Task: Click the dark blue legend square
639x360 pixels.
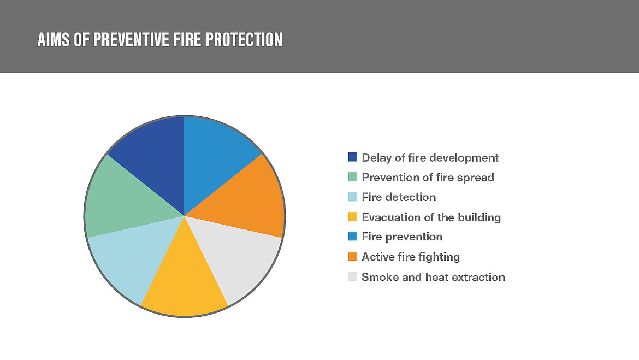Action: [x=352, y=157]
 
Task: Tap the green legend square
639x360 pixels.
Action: [x=352, y=178]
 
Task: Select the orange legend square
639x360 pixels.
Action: [x=352, y=257]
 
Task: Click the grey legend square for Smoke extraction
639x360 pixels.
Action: [x=352, y=277]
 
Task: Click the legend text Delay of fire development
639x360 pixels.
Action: [x=430, y=157]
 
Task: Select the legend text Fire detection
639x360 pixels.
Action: [x=399, y=197]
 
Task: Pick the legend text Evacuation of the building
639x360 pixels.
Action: [x=431, y=217]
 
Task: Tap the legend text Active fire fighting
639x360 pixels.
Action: [x=411, y=257]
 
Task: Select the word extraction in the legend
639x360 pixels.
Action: [x=478, y=277]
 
